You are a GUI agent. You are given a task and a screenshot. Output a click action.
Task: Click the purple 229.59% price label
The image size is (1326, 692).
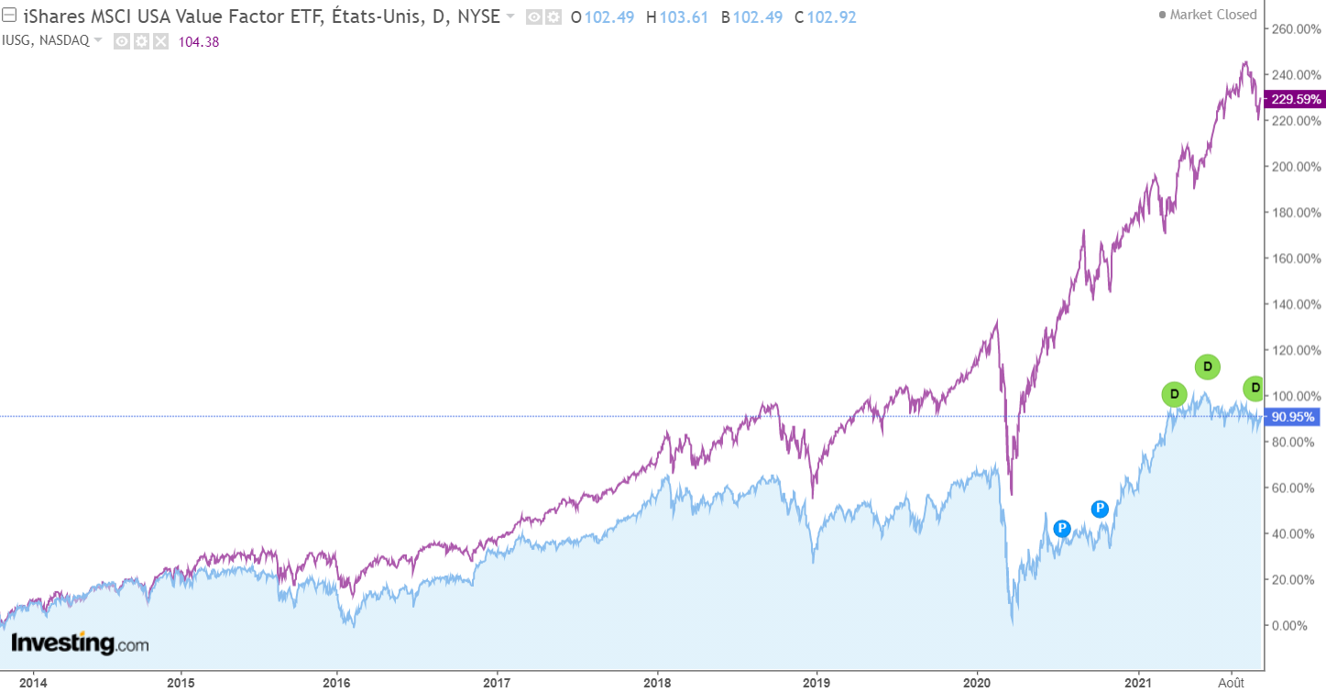tap(1293, 99)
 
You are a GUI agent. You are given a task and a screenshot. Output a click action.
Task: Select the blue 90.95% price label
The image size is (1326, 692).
tap(1293, 417)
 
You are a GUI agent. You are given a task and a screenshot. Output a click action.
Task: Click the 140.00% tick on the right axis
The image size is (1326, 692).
tap(1293, 304)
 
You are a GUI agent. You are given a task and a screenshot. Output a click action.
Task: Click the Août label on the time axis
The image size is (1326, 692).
tap(1232, 682)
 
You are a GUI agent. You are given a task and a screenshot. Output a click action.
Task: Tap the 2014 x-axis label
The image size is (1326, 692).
tap(33, 682)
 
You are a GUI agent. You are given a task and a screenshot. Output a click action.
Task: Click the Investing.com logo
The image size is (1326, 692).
tap(80, 643)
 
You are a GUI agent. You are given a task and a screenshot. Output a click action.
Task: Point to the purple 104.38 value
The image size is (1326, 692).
tap(201, 41)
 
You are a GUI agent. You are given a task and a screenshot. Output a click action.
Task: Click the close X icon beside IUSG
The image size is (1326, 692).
tap(160, 41)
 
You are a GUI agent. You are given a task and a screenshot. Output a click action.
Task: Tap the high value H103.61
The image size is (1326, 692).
tap(677, 16)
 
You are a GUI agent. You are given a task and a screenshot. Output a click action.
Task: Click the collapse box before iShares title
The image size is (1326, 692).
tap(8, 16)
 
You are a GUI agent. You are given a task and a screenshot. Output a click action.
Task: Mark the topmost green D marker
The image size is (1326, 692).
tap(1208, 367)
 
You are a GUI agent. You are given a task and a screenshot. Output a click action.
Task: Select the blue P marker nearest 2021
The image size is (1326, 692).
tap(1100, 509)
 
